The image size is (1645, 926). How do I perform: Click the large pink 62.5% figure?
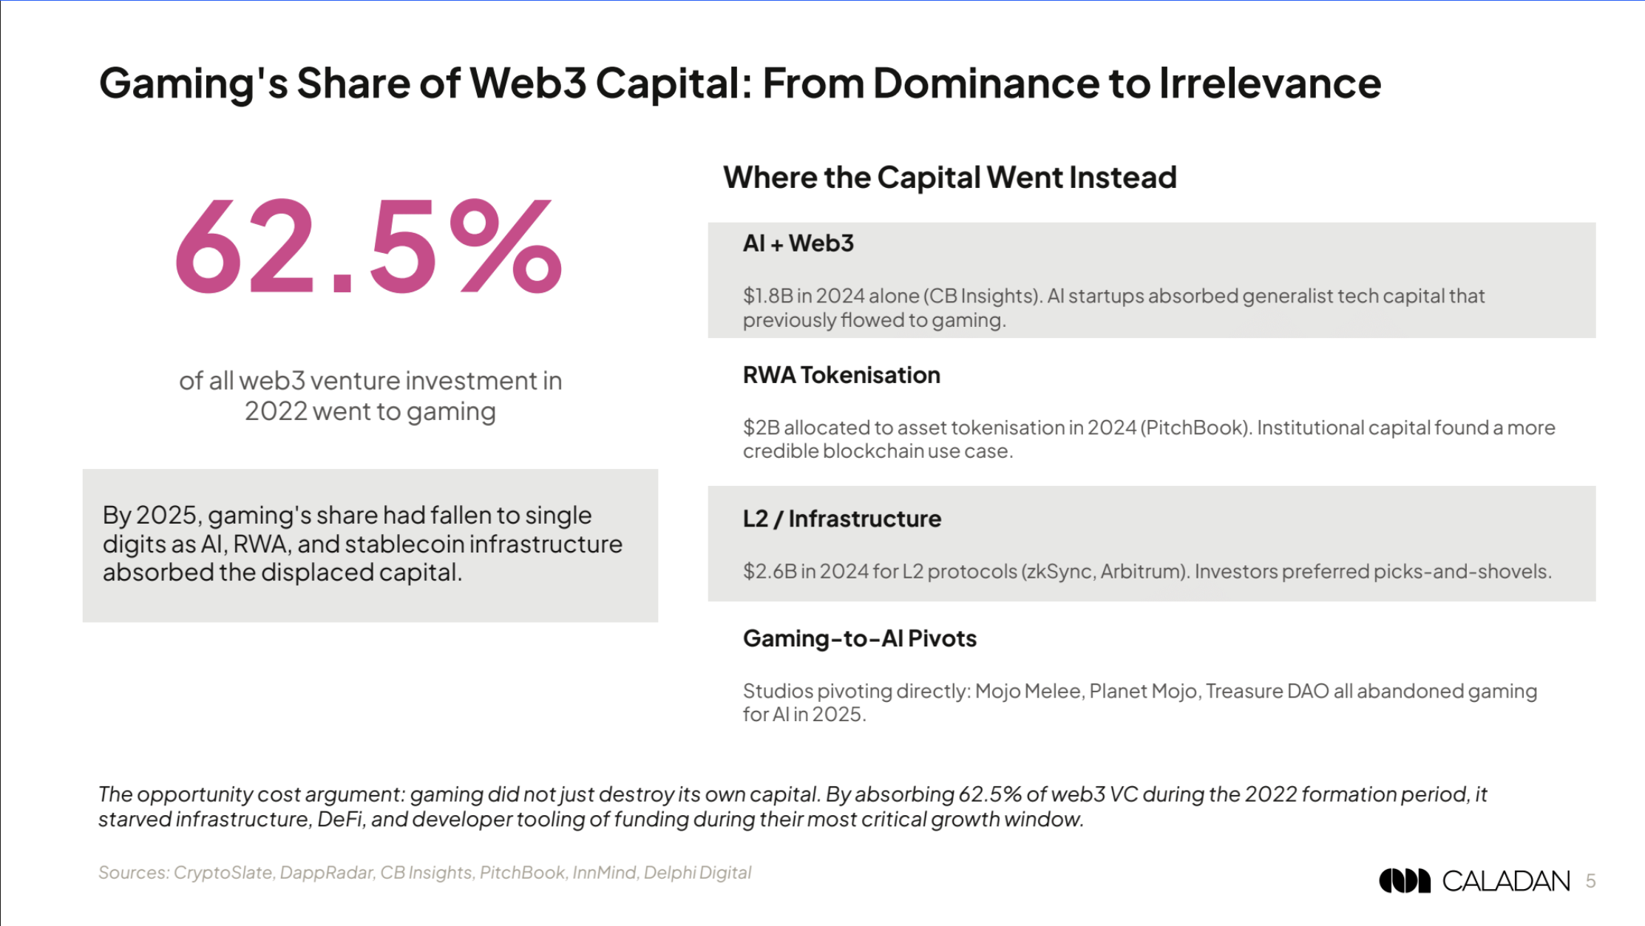click(368, 247)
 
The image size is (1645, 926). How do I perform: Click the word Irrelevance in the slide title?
click(1269, 83)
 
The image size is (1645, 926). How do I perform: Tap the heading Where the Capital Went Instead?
click(949, 178)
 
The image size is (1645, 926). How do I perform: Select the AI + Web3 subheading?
click(798, 243)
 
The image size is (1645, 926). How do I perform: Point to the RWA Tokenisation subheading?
click(841, 375)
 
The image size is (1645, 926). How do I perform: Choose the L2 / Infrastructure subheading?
click(841, 518)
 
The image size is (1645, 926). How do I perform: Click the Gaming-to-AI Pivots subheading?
click(859, 638)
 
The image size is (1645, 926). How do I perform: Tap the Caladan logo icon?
click(1404, 880)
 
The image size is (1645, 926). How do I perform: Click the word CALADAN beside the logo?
click(1505, 881)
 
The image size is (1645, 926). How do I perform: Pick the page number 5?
click(1590, 881)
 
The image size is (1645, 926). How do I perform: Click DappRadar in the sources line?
click(325, 873)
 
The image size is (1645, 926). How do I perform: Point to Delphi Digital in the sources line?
click(697, 873)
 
